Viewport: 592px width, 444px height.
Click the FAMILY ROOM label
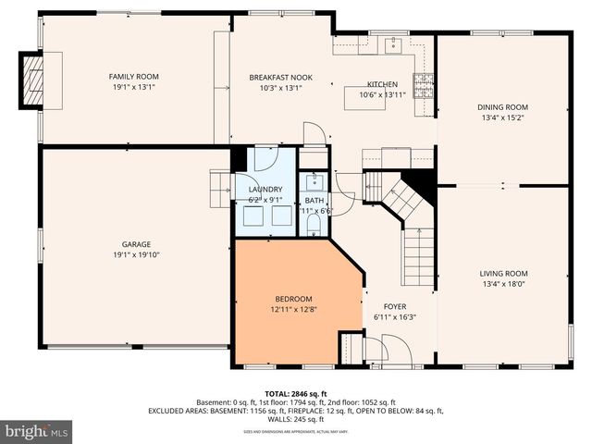click(x=134, y=76)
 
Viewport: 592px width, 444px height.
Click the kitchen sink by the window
click(x=393, y=43)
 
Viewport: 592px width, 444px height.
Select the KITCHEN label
click(x=382, y=83)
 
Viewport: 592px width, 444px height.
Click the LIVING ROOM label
click(x=503, y=273)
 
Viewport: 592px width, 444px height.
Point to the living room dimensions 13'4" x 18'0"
click(x=503, y=284)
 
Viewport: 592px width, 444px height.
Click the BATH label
click(x=314, y=201)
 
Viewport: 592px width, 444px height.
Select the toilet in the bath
click(x=314, y=225)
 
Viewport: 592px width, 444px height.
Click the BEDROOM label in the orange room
click(x=293, y=299)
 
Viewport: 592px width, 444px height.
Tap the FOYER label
click(x=395, y=306)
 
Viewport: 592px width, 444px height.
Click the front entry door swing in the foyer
click(x=376, y=350)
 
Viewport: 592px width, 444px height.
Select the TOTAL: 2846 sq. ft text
click(x=296, y=394)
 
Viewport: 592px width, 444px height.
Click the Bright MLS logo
click(x=37, y=431)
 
